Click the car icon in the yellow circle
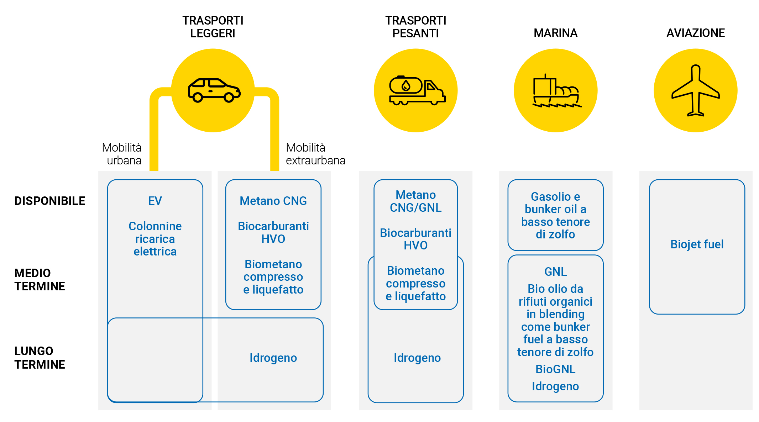click(x=214, y=90)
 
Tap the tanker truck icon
click(x=416, y=90)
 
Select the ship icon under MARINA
click(x=556, y=91)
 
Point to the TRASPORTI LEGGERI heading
click(x=213, y=27)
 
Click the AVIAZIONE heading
click(x=695, y=33)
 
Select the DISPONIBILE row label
click(x=50, y=201)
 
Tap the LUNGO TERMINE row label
click(x=40, y=358)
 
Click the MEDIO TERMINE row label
click(x=40, y=280)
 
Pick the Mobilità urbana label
click(x=122, y=154)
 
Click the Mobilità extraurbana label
click(x=315, y=154)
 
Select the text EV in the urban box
click(x=155, y=201)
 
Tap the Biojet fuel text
click(x=697, y=244)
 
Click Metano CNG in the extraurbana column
click(x=273, y=201)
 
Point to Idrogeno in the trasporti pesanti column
click(x=417, y=358)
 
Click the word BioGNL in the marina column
click(x=555, y=369)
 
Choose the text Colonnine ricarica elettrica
click(x=155, y=239)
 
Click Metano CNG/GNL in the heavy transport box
click(x=415, y=201)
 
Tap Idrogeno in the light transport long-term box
click(x=273, y=358)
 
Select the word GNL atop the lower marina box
click(x=555, y=272)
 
